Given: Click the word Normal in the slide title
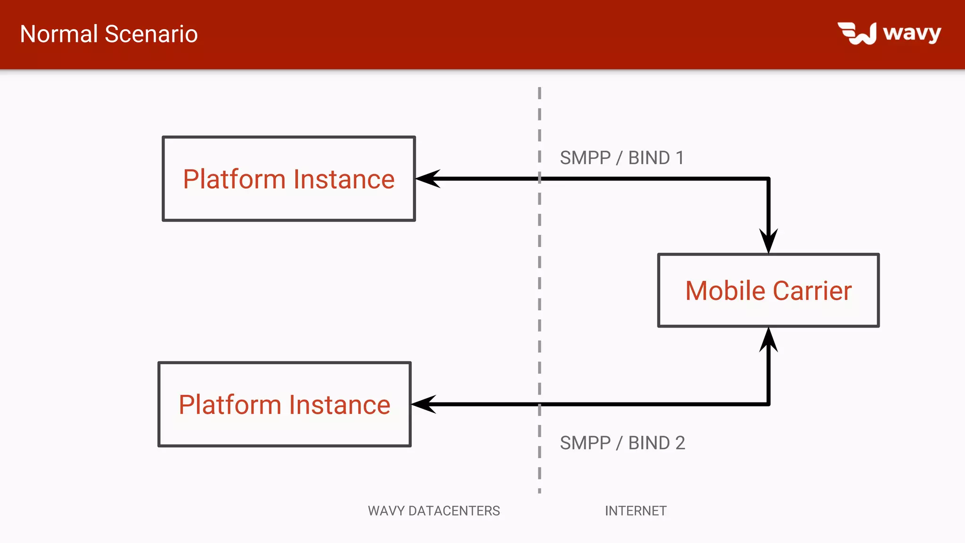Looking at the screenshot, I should click(59, 34).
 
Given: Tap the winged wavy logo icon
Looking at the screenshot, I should click(857, 33).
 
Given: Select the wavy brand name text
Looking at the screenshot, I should click(912, 33).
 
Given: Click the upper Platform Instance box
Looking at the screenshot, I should click(288, 179).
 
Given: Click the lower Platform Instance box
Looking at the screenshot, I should click(284, 404).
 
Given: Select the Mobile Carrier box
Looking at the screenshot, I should click(768, 290).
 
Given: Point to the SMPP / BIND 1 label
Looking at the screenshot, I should click(622, 157).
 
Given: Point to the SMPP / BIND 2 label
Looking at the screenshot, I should click(622, 443).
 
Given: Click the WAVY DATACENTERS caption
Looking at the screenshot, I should click(433, 510).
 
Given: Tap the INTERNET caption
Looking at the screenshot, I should click(636, 510).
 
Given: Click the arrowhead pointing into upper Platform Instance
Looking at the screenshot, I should click(427, 179).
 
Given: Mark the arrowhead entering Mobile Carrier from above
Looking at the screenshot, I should click(768, 241).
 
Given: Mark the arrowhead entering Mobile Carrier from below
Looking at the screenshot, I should click(768, 339).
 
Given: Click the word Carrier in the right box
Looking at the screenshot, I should click(812, 290).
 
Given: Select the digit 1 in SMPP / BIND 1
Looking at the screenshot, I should click(679, 157).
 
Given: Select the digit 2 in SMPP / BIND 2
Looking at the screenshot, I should click(680, 443).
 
